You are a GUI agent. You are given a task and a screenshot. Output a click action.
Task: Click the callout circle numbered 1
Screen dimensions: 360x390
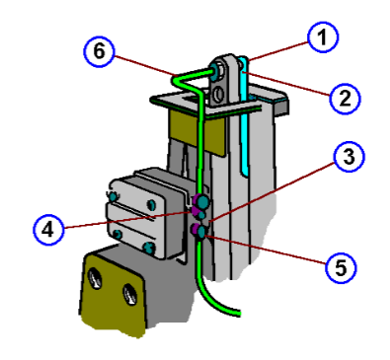point(321,39)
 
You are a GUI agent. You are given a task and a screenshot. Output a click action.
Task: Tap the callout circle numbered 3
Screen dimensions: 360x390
point(346,156)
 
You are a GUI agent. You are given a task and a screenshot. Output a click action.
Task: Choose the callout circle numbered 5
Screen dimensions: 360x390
point(340,265)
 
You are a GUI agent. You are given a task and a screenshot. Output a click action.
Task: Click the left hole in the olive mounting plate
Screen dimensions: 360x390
point(96,277)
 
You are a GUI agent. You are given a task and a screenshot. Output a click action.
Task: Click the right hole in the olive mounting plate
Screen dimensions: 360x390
point(128,293)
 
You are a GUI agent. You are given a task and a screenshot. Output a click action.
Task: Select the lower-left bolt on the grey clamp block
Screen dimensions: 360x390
point(119,233)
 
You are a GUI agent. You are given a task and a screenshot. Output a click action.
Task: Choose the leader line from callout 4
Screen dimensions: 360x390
point(128,220)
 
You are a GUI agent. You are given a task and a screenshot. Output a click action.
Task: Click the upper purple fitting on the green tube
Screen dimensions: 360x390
point(199,208)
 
